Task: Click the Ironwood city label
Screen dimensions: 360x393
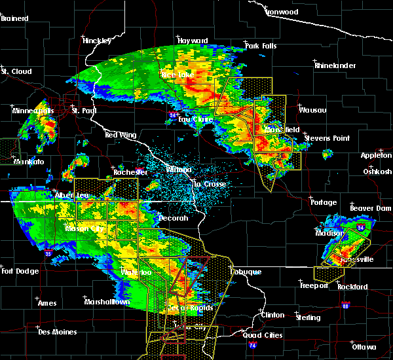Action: pos(282,12)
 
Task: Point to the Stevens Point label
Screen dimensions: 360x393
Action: pos(332,138)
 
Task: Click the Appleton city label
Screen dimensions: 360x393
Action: pos(376,155)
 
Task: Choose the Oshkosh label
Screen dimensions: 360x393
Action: pos(377,171)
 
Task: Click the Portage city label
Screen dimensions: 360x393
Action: pos(324,202)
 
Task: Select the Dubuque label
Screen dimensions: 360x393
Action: pos(246,272)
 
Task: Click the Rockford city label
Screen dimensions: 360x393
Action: pos(352,287)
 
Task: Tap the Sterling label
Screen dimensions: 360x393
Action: pos(307,317)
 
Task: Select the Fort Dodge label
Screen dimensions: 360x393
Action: pos(17,271)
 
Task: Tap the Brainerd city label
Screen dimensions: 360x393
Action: pos(14,18)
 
